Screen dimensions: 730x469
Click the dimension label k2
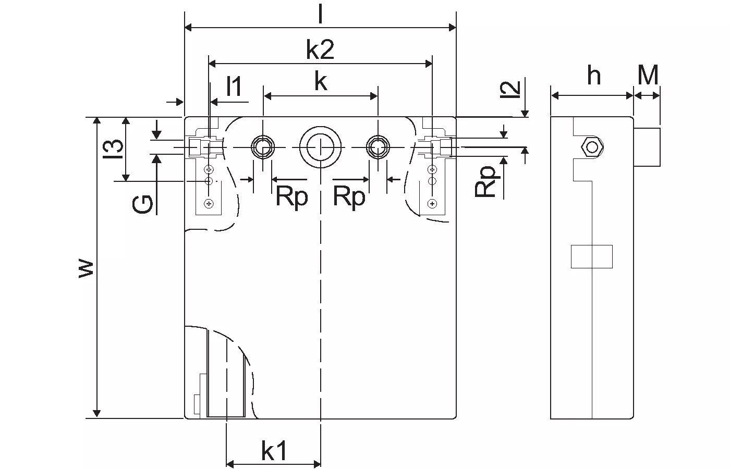click(320, 50)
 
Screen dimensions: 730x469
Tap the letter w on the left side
click(86, 268)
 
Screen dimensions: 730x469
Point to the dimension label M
click(648, 75)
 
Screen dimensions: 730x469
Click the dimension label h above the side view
click(594, 75)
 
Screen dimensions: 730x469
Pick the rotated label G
click(142, 204)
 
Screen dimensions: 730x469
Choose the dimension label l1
click(234, 86)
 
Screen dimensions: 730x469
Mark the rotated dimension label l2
click(510, 89)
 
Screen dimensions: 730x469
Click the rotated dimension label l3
click(113, 149)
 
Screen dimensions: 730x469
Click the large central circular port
click(320, 147)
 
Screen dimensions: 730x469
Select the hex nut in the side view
click(592, 147)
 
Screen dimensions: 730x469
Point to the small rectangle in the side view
click(591, 256)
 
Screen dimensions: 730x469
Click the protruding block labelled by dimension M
click(647, 147)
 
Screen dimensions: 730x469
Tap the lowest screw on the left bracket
click(209, 204)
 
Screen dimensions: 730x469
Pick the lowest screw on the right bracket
click(432, 204)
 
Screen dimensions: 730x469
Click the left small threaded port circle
click(263, 147)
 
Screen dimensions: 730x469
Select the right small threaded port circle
click(378, 147)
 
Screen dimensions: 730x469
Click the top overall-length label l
click(320, 14)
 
